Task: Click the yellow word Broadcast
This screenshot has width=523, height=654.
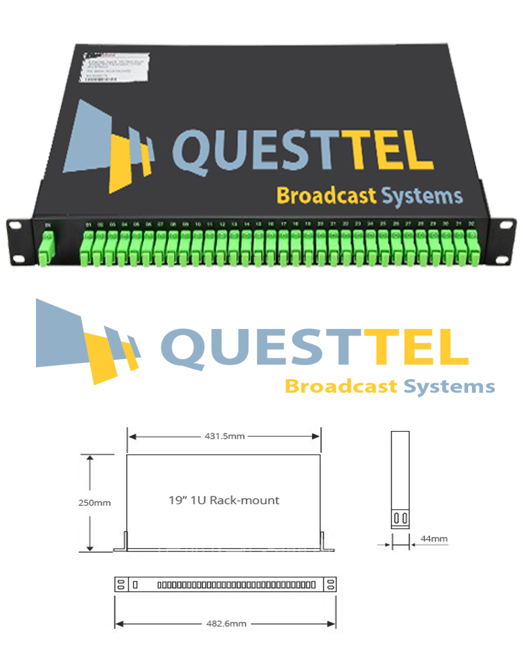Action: (326, 196)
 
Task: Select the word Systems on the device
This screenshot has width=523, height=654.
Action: (422, 196)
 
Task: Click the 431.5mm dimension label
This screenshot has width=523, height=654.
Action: (224, 436)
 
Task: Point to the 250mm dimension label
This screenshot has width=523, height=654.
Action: (95, 503)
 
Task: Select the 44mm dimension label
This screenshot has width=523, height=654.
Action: (433, 539)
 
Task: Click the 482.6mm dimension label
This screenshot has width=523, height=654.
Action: (226, 624)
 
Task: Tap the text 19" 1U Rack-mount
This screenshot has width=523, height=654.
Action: (224, 500)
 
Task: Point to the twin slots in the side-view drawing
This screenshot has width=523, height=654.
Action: (400, 519)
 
